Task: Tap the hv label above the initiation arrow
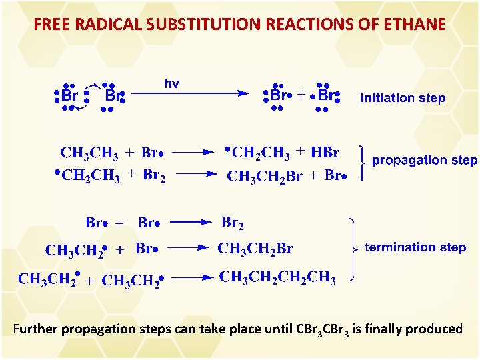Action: click(x=171, y=84)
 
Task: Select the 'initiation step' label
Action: click(x=403, y=98)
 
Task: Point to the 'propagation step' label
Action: click(x=424, y=160)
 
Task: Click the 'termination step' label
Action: click(x=415, y=247)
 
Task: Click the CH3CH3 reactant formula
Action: click(x=89, y=153)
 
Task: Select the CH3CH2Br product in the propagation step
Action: click(x=265, y=177)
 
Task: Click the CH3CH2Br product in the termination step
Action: click(x=255, y=249)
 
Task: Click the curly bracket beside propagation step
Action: click(x=362, y=161)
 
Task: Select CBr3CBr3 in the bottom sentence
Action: click(x=323, y=329)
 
